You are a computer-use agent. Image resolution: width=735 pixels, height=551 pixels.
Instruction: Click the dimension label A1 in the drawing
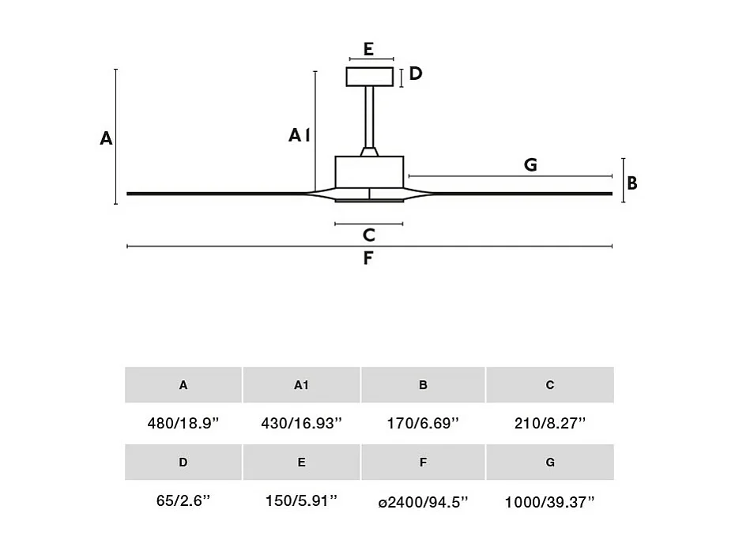(x=298, y=136)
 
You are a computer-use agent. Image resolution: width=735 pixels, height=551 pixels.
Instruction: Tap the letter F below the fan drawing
(x=367, y=259)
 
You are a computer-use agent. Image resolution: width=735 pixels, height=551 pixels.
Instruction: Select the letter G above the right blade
(x=530, y=165)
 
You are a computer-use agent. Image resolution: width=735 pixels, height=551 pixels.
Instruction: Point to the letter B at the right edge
(x=632, y=183)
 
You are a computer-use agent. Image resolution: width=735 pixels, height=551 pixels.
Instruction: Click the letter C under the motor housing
(x=368, y=236)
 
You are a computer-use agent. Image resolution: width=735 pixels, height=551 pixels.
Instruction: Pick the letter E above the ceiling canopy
(x=369, y=49)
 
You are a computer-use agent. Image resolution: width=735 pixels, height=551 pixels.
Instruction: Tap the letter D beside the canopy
(x=416, y=74)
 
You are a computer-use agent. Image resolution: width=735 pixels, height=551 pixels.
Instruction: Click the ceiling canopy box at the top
(x=370, y=77)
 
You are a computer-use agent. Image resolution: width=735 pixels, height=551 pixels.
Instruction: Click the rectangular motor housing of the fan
(x=369, y=172)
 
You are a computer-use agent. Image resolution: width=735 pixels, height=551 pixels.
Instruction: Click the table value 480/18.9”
(x=183, y=424)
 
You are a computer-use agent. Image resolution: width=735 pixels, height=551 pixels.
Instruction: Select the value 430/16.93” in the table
(x=301, y=424)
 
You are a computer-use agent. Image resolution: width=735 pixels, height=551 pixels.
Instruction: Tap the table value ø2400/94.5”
(x=423, y=502)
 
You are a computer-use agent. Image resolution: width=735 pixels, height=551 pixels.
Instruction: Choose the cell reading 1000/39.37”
(x=549, y=502)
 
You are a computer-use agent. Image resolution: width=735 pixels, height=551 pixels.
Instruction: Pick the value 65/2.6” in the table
(x=183, y=502)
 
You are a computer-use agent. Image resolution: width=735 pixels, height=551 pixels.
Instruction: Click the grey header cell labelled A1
(x=301, y=385)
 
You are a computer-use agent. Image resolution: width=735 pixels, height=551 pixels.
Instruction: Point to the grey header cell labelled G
(x=549, y=462)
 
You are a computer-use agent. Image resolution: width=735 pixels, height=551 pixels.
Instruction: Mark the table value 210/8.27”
(x=549, y=424)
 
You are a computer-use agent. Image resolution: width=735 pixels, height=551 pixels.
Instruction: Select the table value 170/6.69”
(x=423, y=424)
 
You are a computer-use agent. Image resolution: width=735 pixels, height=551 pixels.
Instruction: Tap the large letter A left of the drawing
(x=106, y=139)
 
